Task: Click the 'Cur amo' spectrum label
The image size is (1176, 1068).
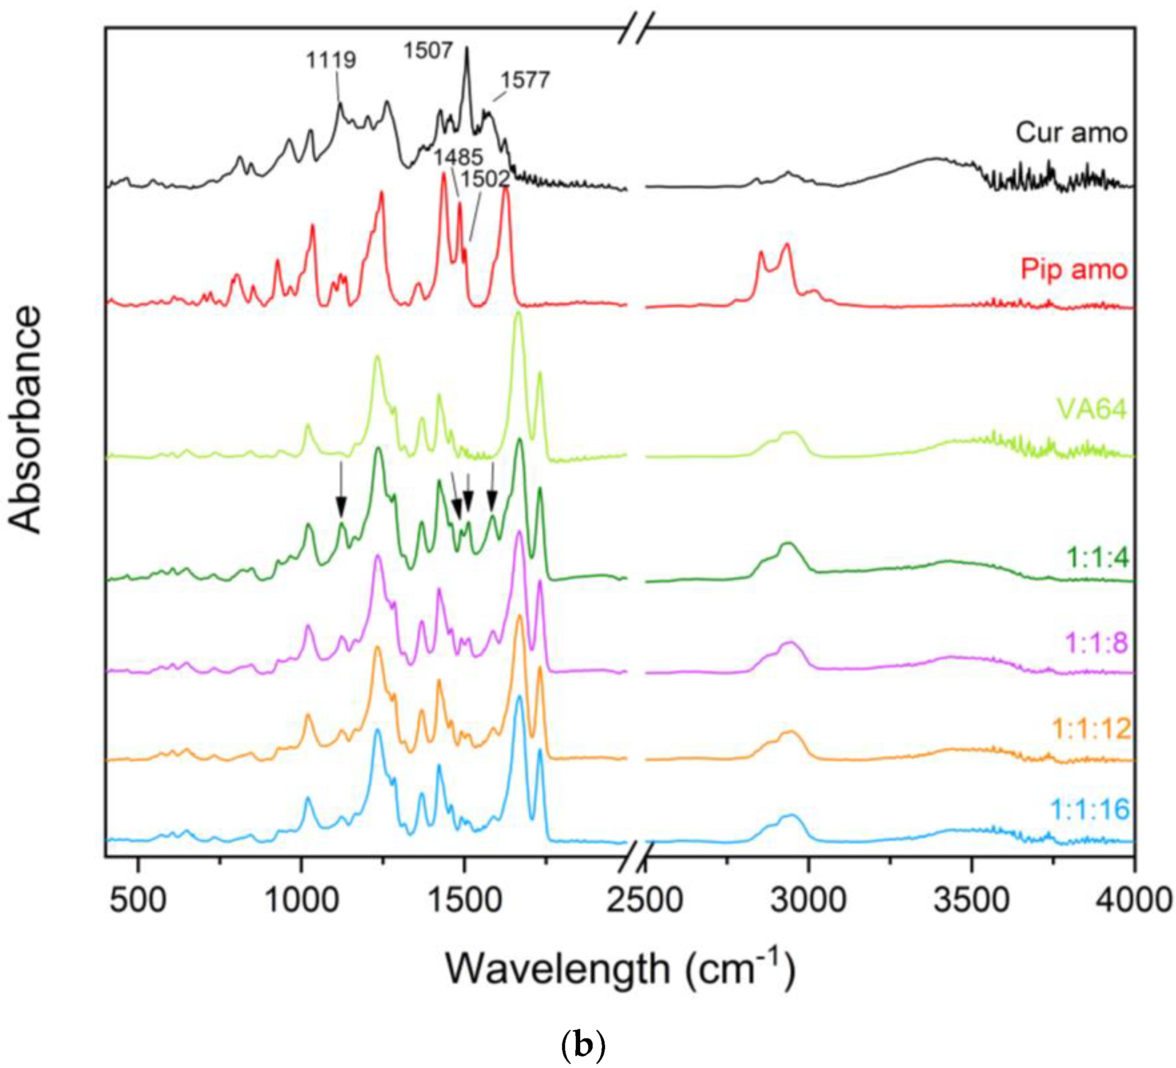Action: point(1071,133)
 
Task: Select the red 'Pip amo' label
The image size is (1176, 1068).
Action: point(1073,269)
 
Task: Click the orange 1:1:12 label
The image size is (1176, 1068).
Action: point(1091,728)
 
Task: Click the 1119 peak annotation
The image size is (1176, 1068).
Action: point(331,60)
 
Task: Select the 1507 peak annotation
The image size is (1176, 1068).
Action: point(428,51)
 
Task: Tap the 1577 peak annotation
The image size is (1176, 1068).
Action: point(524,80)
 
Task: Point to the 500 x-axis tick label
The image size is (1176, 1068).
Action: point(138,901)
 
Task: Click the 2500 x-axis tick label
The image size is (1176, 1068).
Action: point(644,901)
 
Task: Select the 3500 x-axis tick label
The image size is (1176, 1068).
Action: point(971,901)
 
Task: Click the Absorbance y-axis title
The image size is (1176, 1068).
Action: point(26,420)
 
